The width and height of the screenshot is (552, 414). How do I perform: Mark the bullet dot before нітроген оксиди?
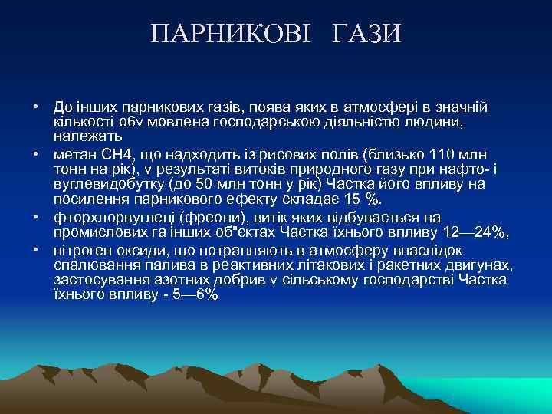36,250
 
